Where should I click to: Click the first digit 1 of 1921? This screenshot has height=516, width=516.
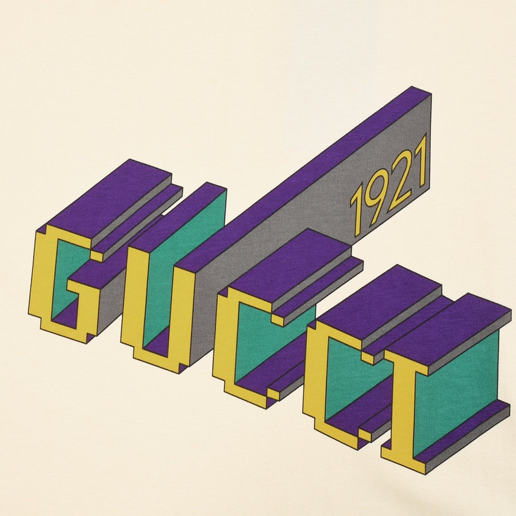point(357,214)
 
